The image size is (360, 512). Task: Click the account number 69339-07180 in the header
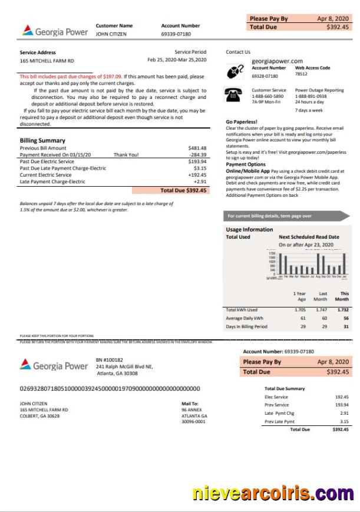[176, 34]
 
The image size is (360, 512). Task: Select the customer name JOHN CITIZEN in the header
[111, 34]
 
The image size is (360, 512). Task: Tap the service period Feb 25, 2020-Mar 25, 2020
[177, 60]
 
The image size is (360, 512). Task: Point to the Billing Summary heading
[42, 141]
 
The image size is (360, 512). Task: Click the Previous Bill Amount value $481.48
[197, 148]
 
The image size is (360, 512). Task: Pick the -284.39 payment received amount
[197, 155]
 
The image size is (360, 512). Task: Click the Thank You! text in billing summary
[126, 155]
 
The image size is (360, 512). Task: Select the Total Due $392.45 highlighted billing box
[183, 190]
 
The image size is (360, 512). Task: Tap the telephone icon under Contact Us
[234, 94]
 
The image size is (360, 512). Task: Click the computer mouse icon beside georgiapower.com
[235, 71]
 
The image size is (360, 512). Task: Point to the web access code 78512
[301, 74]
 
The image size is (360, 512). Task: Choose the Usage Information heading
[249, 230]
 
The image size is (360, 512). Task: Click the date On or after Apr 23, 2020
[306, 245]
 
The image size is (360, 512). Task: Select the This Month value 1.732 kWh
[344, 309]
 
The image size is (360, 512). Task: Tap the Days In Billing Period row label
[246, 326]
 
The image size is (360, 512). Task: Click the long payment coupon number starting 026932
[110, 389]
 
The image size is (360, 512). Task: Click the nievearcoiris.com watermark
[273, 492]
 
